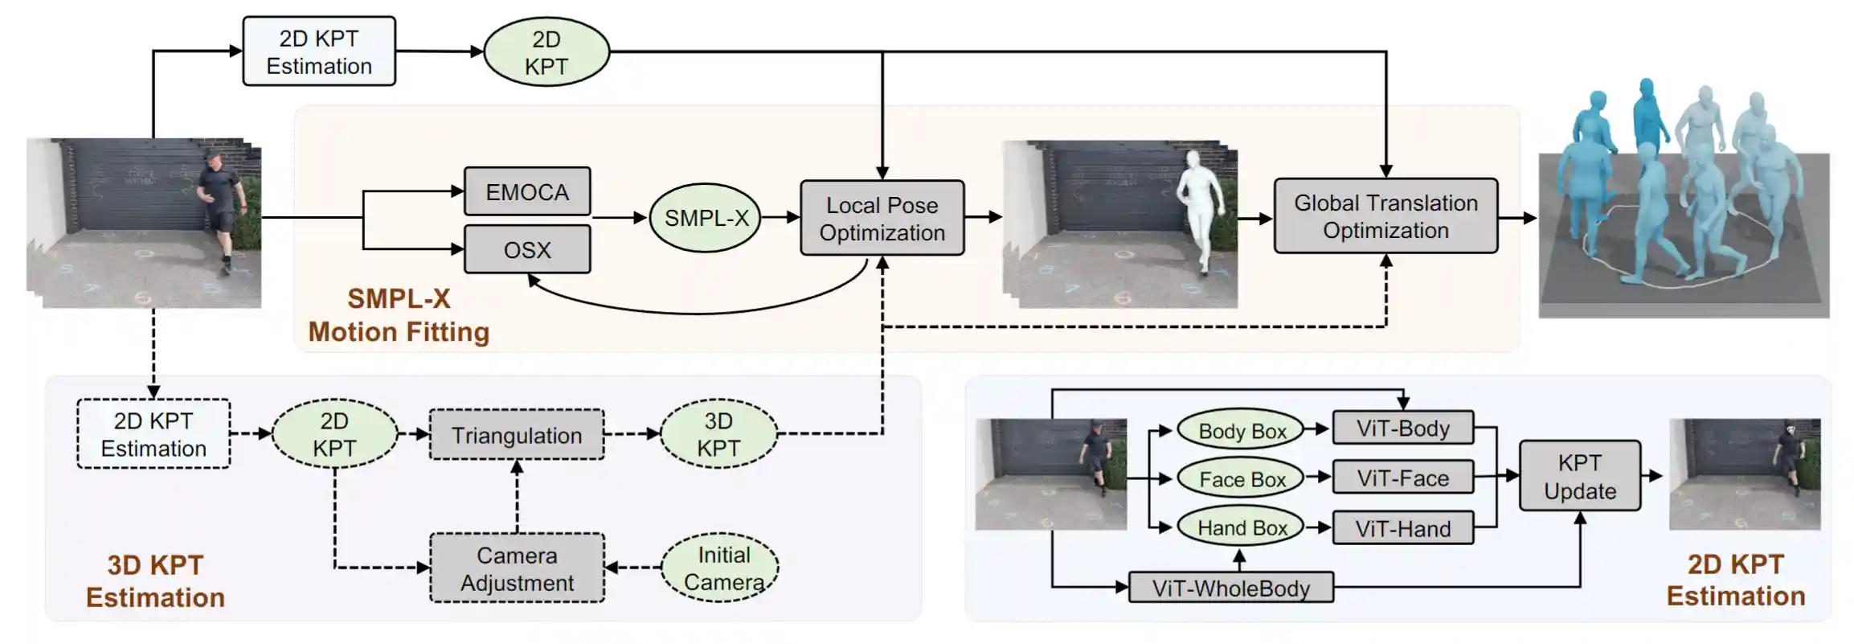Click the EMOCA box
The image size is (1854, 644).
527,191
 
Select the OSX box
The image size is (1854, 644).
527,249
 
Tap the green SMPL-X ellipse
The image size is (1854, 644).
706,217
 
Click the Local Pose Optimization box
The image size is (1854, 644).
882,218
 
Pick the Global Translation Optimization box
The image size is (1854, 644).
1385,216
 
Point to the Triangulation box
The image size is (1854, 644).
517,435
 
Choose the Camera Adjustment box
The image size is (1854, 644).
517,568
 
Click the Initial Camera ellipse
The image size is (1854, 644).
721,568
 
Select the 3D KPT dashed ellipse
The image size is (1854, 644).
718,434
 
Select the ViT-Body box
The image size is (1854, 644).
1402,428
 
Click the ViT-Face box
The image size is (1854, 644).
1402,478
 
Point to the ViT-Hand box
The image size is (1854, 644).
1402,528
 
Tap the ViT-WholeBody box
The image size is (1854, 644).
1230,588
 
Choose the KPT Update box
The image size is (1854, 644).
1579,476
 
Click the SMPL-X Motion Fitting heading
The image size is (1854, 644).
399,315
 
